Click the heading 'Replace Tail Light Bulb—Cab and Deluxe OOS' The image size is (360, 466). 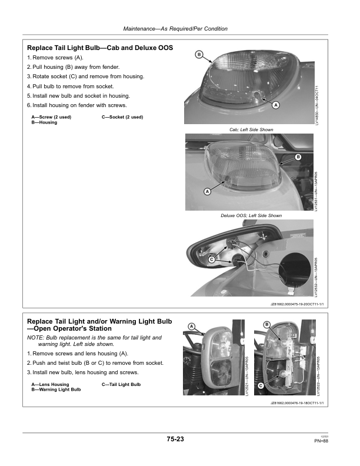point(100,48)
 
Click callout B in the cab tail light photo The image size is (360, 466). point(199,55)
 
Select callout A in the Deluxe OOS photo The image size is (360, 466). point(207,192)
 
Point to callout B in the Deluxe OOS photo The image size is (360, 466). point(298,157)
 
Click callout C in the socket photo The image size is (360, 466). point(211,259)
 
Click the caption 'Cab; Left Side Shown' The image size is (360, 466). point(251,129)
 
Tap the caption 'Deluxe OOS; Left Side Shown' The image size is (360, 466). point(251,216)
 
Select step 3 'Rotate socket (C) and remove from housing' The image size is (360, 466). point(85,76)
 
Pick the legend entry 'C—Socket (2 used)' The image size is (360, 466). point(122,117)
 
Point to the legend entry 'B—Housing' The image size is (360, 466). point(44,122)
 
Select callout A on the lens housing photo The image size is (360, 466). point(192,326)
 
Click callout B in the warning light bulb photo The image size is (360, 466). point(266,325)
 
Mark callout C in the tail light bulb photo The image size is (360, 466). point(259,385)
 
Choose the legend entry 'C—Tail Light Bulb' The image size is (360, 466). point(121,384)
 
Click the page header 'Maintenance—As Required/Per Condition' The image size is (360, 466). point(175,29)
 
